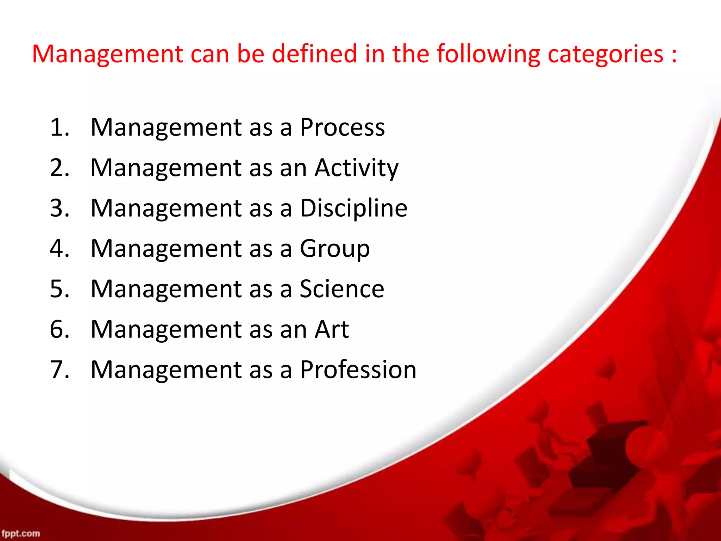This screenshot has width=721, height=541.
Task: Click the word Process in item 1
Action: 342,128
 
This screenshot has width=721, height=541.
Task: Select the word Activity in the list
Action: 356,168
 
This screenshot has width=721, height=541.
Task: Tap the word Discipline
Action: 353,209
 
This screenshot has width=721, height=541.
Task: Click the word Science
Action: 341,289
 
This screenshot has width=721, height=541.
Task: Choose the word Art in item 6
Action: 332,330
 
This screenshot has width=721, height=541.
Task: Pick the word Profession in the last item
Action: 358,370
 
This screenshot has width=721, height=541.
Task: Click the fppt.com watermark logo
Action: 20,533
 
